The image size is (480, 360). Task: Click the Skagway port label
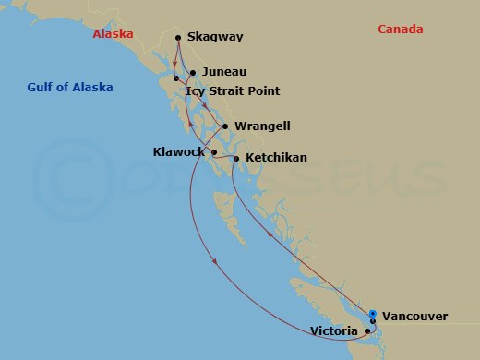click(x=215, y=38)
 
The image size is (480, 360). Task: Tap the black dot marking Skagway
click(x=176, y=38)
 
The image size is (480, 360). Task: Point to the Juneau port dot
click(x=192, y=72)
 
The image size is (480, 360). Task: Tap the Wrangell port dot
click(x=225, y=126)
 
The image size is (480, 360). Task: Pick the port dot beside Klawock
click(x=215, y=151)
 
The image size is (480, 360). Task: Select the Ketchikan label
click(x=276, y=159)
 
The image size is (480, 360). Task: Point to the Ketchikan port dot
click(x=237, y=159)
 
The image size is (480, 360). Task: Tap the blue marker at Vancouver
click(x=372, y=314)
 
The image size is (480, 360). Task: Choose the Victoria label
click(x=334, y=330)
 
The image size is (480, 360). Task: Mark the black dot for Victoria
click(x=367, y=330)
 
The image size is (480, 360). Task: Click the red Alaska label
click(x=113, y=34)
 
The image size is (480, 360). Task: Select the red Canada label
click(x=401, y=30)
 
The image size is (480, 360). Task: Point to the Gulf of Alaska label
click(x=70, y=88)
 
